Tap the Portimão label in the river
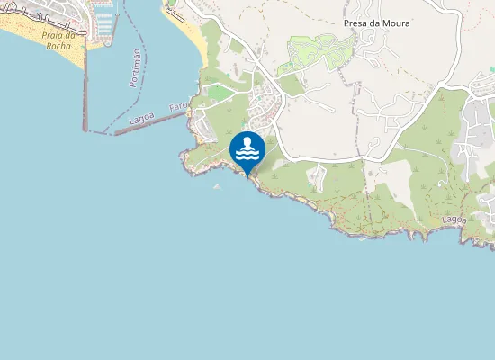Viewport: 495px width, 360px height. coord(135,68)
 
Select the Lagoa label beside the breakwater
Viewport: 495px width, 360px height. coord(141,118)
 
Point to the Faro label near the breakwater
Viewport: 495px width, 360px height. coord(176,106)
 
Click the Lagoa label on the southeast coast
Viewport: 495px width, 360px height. coord(454,219)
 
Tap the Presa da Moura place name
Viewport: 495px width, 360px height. coord(376,23)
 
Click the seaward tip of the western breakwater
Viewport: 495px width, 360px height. coord(85,130)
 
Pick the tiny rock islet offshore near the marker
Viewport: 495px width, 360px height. coord(216,186)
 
